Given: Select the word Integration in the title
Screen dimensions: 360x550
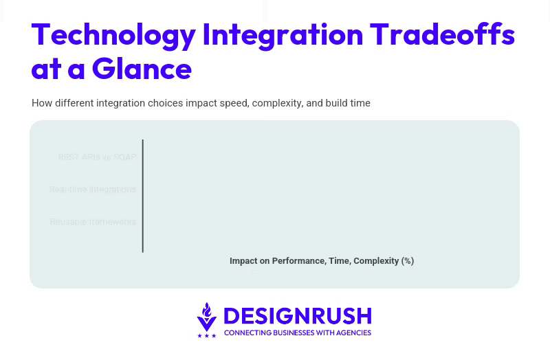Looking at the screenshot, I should tap(283, 34).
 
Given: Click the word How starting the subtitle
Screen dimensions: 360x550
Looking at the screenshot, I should tap(41, 103).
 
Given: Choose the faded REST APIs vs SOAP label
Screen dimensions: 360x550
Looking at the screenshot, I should tap(97, 157).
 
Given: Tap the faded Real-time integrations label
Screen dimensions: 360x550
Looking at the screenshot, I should tap(93, 190).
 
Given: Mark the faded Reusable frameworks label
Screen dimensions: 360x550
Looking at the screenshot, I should tap(93, 222).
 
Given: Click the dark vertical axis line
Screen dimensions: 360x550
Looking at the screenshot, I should tap(143, 196).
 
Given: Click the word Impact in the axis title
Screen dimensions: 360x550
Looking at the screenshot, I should tap(243, 261).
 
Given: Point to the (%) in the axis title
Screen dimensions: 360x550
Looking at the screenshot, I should tap(408, 261).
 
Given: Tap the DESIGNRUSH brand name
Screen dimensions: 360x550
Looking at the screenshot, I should tap(297, 316).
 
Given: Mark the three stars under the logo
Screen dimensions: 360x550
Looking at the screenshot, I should tap(206, 335).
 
